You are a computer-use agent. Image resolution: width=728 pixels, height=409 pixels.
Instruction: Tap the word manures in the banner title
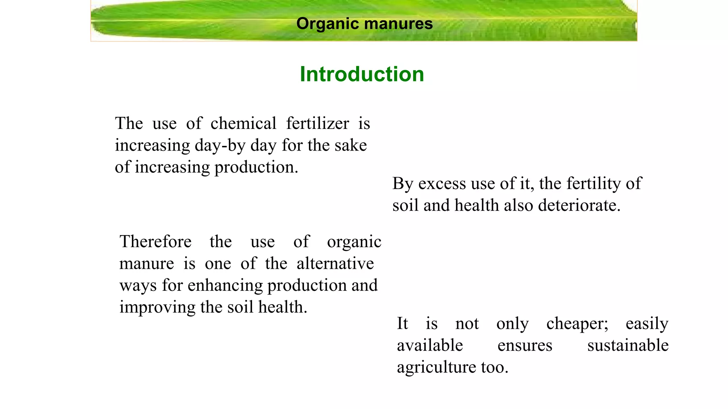[x=398, y=24]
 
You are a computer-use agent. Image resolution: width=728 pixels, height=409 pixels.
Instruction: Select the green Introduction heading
[x=362, y=74]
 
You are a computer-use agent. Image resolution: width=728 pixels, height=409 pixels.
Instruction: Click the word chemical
[x=243, y=124]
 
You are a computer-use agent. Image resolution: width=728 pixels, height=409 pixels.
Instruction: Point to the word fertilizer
[x=317, y=124]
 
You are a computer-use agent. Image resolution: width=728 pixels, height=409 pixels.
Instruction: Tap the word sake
[x=351, y=145]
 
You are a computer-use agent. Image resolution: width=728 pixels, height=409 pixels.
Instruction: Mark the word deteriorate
[x=579, y=205]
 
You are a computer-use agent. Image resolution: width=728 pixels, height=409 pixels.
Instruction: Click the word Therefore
[x=155, y=242]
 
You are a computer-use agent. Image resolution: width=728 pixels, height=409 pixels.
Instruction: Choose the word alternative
[x=335, y=264]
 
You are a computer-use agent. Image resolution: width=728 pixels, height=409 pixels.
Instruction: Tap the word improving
[x=157, y=307]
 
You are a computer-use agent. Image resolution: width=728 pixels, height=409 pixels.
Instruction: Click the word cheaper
[x=577, y=324]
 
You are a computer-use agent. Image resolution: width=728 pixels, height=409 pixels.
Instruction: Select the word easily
[x=647, y=324]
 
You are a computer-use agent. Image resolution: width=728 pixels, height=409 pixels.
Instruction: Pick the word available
[x=430, y=345]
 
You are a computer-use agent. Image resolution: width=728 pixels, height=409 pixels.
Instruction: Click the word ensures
[x=525, y=345]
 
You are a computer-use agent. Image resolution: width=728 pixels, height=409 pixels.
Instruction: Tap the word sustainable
[x=628, y=345]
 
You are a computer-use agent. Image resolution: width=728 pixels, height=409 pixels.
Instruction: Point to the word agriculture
[x=436, y=367]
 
